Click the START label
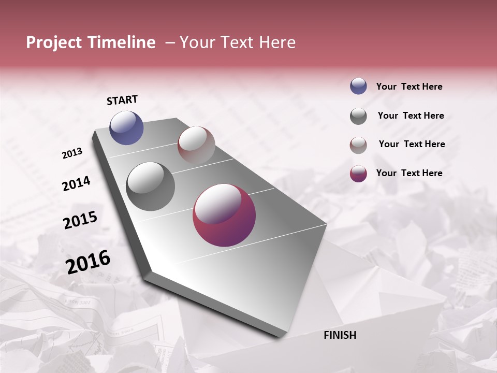pos(122,100)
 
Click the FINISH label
pos(340,335)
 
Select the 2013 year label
pos(72,153)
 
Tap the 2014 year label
pos(76,184)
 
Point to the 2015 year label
pos(80,220)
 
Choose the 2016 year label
pos(88,262)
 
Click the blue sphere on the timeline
pos(126,127)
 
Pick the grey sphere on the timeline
pos(151,187)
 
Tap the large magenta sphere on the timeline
pos(224,216)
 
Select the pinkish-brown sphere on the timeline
pos(196,145)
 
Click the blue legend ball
pos(358,87)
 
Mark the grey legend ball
pos(358,116)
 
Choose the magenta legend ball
pos(358,174)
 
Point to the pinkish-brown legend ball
pos(358,145)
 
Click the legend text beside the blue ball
pos(409,87)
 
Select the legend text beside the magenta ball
pos(409,173)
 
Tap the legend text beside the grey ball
pos(411,116)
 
